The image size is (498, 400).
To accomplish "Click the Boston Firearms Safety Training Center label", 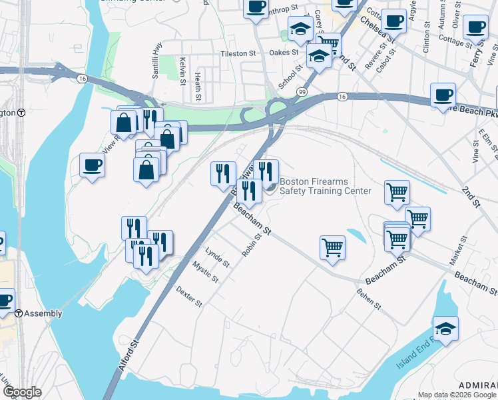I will (x=325, y=186).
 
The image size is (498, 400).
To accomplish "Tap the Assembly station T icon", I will (x=20, y=313).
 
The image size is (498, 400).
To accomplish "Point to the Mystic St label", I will (x=205, y=272).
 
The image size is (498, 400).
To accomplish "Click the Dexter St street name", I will (x=188, y=297).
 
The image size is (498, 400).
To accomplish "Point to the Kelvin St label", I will (x=181, y=71).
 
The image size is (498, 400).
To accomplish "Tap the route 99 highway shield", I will (x=302, y=91).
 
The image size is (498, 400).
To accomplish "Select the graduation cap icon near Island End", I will (x=445, y=329).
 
